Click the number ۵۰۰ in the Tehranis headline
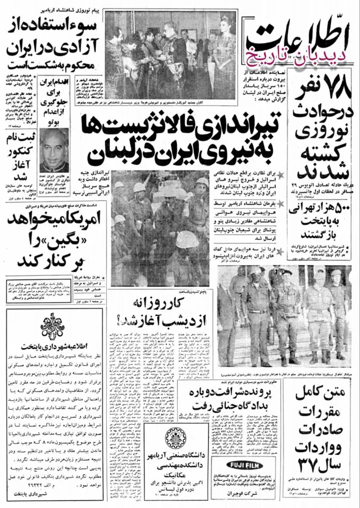(x=341, y=210)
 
